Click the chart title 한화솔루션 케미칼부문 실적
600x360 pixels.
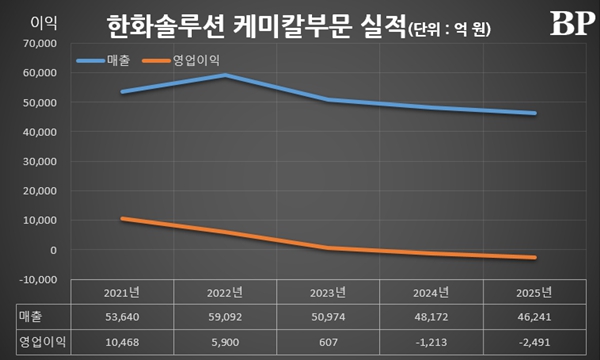pos(255,23)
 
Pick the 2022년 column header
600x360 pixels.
pos(225,294)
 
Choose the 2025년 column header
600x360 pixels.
pos(534,294)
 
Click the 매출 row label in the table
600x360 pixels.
pos(31,317)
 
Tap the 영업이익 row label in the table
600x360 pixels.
pos(40,341)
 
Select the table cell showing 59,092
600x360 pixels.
pos(225,317)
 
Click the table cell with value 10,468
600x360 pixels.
pos(122,341)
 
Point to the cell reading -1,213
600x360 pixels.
pos(431,341)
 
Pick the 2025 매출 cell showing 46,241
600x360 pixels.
pos(534,317)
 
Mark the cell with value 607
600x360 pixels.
pos(328,341)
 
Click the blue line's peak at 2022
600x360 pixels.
pos(226,75)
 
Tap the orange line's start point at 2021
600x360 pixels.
pos(122,219)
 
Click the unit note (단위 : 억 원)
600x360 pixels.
pos(454,28)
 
